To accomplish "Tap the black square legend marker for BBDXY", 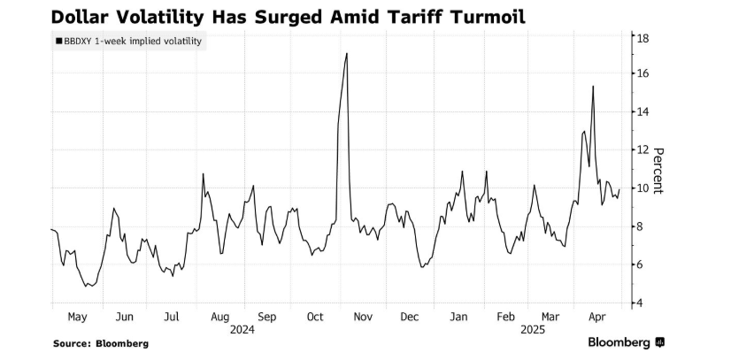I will click(58, 41).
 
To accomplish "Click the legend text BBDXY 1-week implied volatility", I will click(134, 41).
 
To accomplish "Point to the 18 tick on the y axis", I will click(644, 37).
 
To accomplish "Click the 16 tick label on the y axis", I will click(644, 74).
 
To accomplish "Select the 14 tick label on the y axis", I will click(644, 112).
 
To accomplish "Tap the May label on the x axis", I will click(77, 317).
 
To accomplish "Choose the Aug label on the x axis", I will click(220, 317).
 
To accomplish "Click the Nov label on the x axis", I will click(364, 317).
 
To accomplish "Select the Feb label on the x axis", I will click(505, 317).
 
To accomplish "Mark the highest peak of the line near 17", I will click(346, 54).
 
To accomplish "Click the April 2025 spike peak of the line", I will click(592, 86).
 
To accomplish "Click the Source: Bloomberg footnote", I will click(100, 343).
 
